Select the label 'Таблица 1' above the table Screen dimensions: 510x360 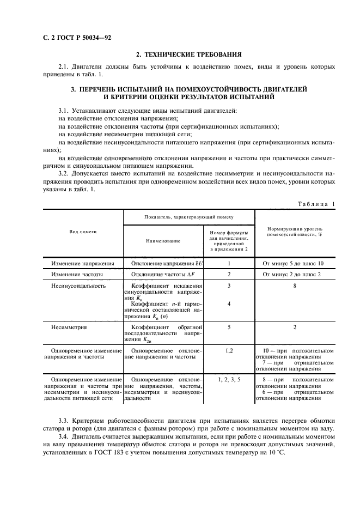(x=316, y=203)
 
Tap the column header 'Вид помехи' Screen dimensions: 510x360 (x=83, y=232)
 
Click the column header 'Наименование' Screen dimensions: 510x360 (x=162, y=240)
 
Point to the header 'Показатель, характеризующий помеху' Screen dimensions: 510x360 (x=188, y=217)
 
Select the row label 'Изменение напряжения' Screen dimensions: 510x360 (x=83, y=263)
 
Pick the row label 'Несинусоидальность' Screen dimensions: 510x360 (x=78, y=286)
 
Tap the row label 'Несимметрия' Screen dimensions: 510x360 (x=69, y=327)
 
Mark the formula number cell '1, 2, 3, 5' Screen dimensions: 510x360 (x=229, y=378)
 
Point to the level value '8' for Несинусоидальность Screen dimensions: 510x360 (x=294, y=286)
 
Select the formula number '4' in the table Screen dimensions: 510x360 (x=229, y=303)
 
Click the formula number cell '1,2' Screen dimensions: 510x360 (x=229, y=350)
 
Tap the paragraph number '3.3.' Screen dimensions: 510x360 (x=64, y=421)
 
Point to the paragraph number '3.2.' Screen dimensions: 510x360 (x=64, y=174)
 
